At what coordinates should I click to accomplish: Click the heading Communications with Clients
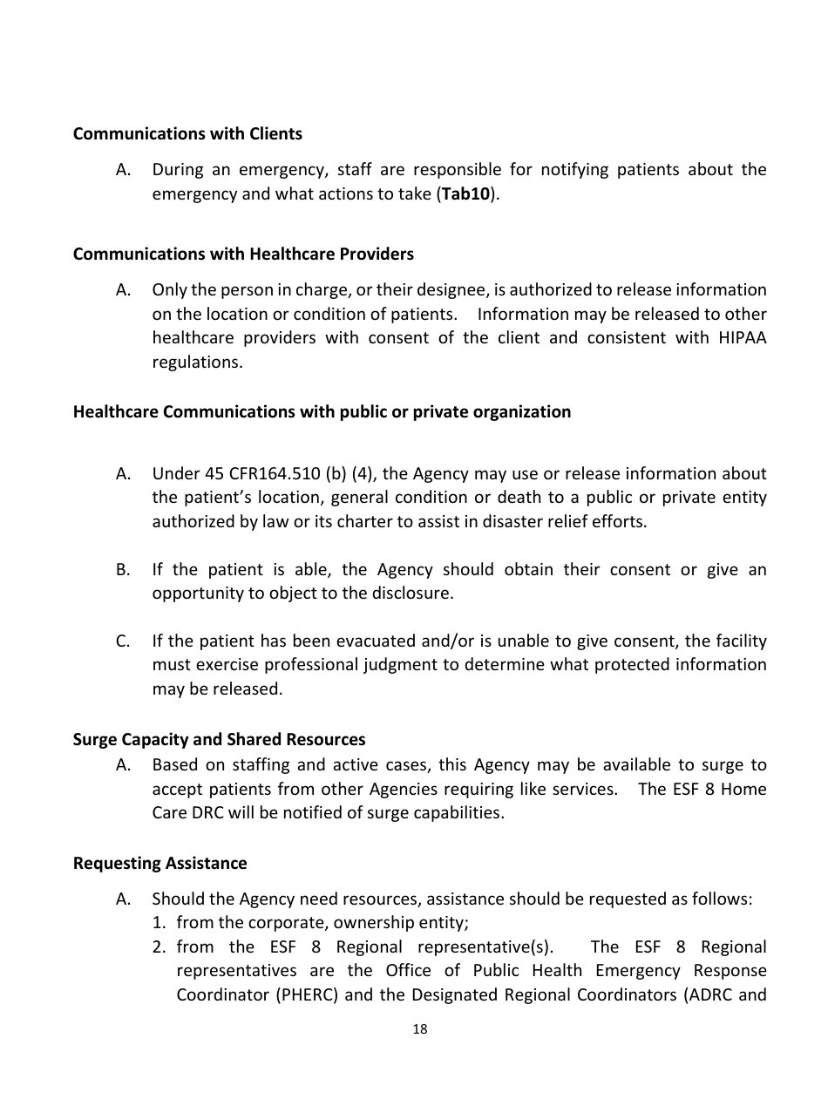(187, 133)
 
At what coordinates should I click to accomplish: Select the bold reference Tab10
(465, 193)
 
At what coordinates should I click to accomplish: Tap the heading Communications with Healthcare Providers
(243, 254)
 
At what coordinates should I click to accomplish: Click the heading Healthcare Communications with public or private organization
(322, 411)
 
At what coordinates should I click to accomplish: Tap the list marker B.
(122, 570)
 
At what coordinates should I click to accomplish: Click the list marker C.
(122, 641)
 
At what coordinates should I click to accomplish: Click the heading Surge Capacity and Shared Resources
(219, 739)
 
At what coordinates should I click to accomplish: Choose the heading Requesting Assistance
(159, 863)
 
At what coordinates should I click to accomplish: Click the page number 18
(419, 1029)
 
